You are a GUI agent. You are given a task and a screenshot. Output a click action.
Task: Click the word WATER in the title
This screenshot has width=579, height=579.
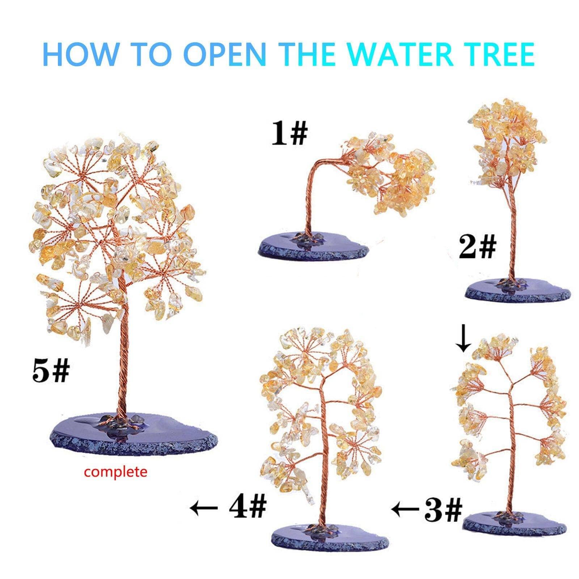coord(399,54)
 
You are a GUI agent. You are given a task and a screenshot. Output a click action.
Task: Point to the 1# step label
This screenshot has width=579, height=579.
coord(289,133)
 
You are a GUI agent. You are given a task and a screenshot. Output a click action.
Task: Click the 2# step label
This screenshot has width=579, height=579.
coord(477,247)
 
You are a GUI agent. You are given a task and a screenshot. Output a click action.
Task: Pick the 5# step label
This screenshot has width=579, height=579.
coord(51,371)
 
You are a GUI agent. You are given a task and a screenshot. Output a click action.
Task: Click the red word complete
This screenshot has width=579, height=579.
coord(116,472)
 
